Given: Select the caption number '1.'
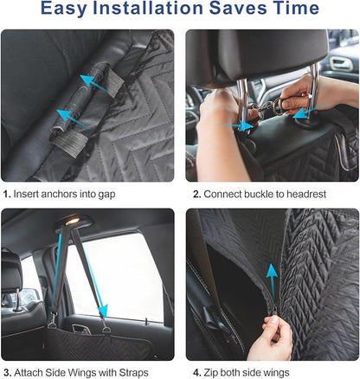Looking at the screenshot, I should point(7,194).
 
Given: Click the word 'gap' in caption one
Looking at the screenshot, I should point(128,195).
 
